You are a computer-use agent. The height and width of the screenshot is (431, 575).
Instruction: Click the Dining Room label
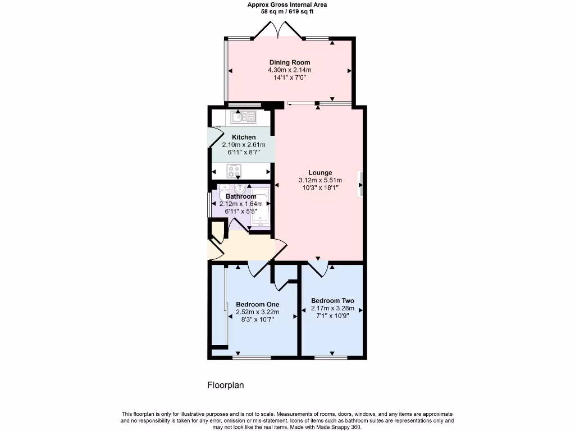pos(290,62)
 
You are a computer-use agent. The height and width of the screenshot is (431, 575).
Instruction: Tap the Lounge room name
pos(320,173)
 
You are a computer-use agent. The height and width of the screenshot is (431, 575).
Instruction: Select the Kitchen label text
pos(244,137)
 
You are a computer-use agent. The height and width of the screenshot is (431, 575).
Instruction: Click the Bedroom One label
pos(257,304)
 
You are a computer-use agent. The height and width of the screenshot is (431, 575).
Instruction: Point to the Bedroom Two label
pos(332,301)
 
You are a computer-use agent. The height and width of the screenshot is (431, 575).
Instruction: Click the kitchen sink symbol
pos(244,117)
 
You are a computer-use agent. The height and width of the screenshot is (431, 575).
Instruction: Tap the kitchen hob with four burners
pos(234,171)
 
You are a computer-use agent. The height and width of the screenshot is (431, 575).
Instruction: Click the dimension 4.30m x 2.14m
pos(290,70)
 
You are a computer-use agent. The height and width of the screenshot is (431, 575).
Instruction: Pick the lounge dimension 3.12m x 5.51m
pos(320,180)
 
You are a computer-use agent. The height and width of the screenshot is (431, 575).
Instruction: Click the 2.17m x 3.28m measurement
pos(332,308)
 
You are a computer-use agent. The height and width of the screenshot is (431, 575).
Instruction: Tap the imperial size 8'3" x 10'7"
pos(257,319)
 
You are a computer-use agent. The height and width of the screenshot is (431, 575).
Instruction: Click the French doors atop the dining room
pos(278,29)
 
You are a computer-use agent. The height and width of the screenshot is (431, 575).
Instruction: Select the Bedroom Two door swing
pos(318,269)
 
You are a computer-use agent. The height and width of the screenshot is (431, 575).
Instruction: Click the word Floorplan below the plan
pos(226,385)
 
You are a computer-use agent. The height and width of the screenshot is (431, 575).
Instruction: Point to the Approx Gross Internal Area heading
pos(287,4)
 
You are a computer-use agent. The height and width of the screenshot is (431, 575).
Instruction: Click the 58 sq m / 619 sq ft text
pos(287,11)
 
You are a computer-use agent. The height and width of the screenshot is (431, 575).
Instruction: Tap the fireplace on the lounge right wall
pos(360,184)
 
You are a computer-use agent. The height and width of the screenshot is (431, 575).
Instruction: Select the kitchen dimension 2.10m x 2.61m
pos(244,145)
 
